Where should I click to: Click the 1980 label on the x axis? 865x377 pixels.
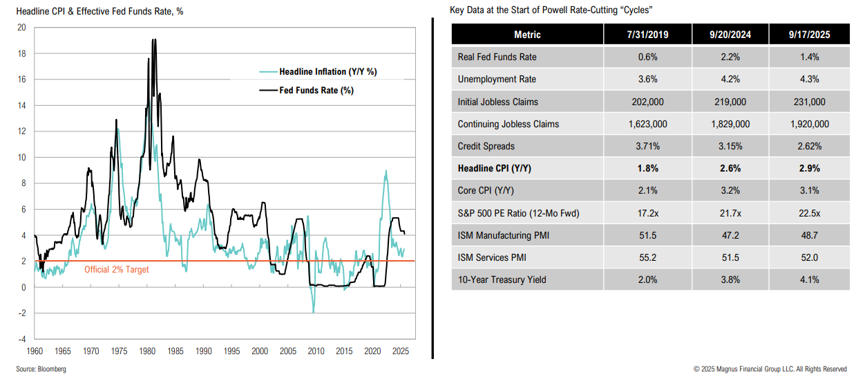146,351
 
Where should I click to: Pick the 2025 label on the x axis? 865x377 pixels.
399,351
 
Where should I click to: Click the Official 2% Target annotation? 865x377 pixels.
116,270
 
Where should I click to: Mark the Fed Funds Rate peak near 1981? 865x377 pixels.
153,40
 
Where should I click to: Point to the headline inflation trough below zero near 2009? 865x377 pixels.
313,312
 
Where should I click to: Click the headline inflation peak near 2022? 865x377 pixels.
385,172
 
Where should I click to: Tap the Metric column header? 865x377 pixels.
527,35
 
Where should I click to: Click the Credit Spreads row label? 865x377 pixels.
486,147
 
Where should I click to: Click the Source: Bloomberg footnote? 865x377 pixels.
41,369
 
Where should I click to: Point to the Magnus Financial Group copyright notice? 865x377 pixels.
770,369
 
